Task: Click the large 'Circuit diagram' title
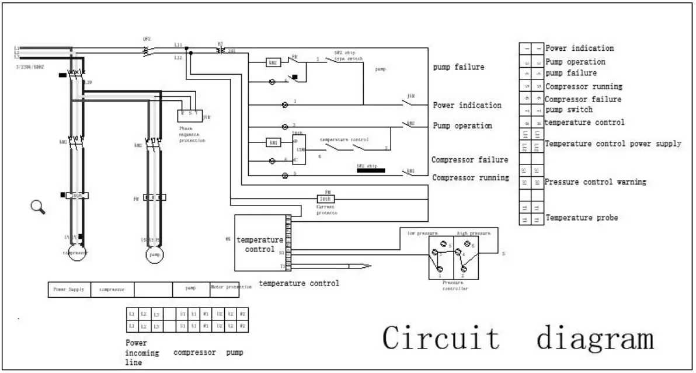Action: [518, 339]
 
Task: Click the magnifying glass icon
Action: [38, 207]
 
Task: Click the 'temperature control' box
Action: [259, 243]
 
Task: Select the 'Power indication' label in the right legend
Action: [579, 48]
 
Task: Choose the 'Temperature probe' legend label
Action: [582, 218]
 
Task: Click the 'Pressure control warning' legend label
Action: [595, 182]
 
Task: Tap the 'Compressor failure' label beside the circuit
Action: [469, 160]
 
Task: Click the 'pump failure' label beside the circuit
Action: [458, 67]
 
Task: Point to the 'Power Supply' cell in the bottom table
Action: [69, 288]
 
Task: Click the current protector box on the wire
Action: [325, 198]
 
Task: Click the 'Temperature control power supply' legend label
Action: [613, 144]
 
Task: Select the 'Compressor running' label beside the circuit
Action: [470, 178]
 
